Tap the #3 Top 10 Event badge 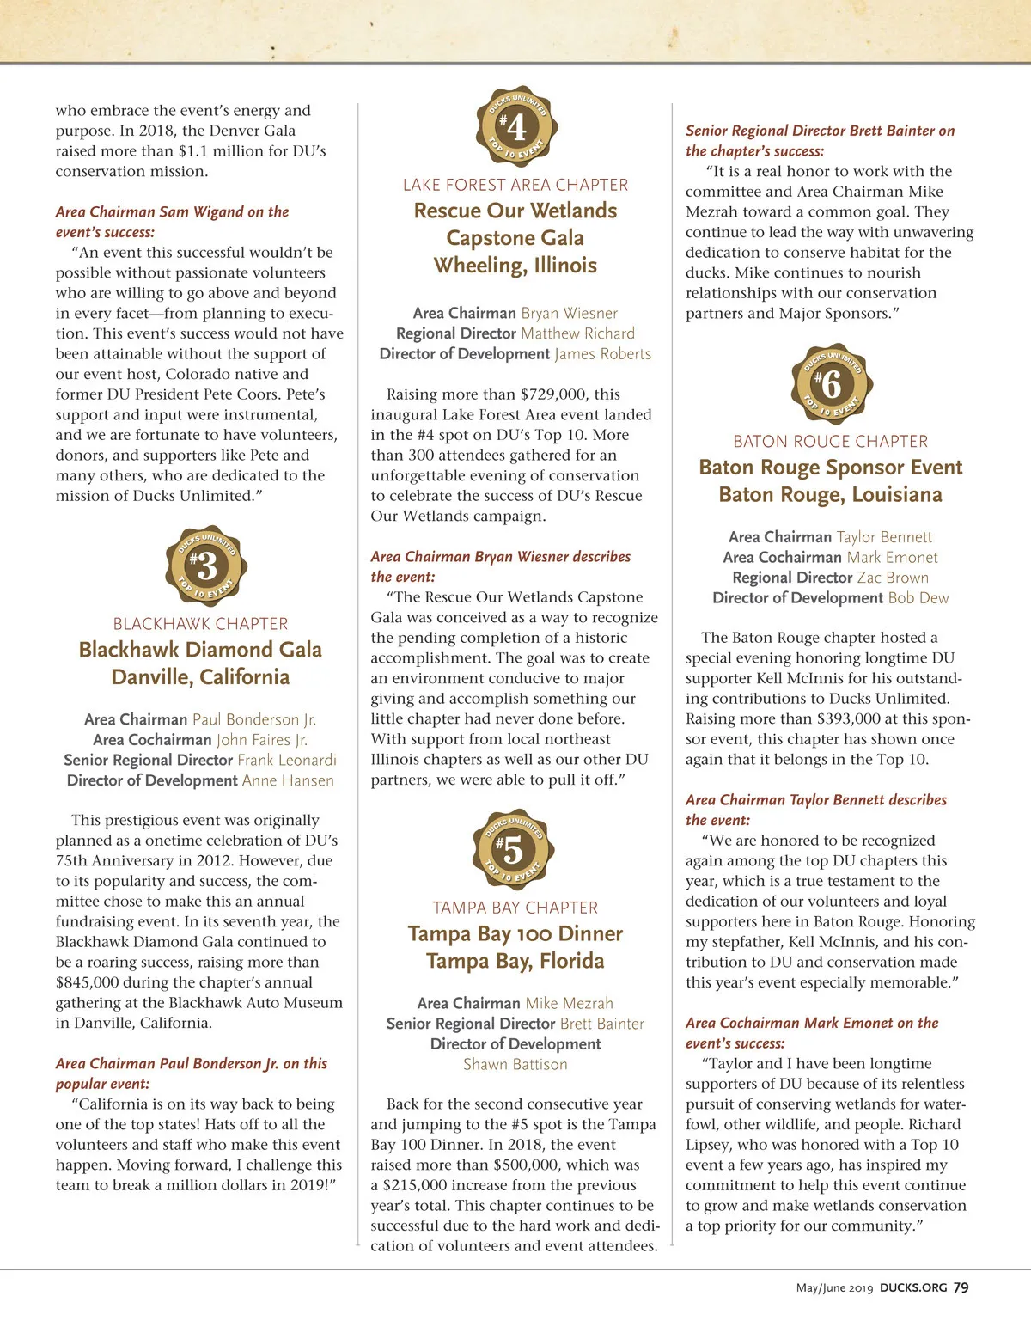205,566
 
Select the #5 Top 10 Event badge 514,851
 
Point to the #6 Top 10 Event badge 831,384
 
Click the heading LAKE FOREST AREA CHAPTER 515,185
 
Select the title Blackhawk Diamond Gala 200,650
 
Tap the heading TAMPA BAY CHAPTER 515,908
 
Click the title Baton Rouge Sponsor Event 831,468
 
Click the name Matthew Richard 577,333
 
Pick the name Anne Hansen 288,780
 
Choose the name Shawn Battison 515,1064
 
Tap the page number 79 961,1287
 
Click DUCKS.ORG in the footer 913,1287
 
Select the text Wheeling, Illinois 515,265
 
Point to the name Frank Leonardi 287,760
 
